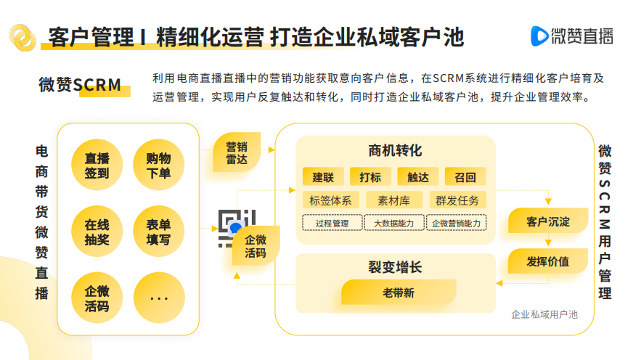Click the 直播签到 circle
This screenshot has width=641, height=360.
coord(97,164)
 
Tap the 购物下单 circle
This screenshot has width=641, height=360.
coord(159,164)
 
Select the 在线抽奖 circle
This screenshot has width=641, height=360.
coord(97,232)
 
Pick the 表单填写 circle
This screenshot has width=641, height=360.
coord(159,232)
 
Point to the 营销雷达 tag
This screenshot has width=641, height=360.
coord(237,152)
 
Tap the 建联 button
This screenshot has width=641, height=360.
coord(323,177)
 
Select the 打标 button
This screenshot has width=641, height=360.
coord(370,177)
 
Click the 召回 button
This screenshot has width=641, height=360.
coord(465,177)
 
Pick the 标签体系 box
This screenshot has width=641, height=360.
coord(330,200)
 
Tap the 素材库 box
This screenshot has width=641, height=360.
coord(393,200)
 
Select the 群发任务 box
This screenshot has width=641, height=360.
coord(457,200)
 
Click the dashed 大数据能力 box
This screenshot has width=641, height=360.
coord(393,224)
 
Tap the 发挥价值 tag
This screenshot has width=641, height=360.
coord(547,261)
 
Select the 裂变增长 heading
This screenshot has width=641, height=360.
coord(395,267)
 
